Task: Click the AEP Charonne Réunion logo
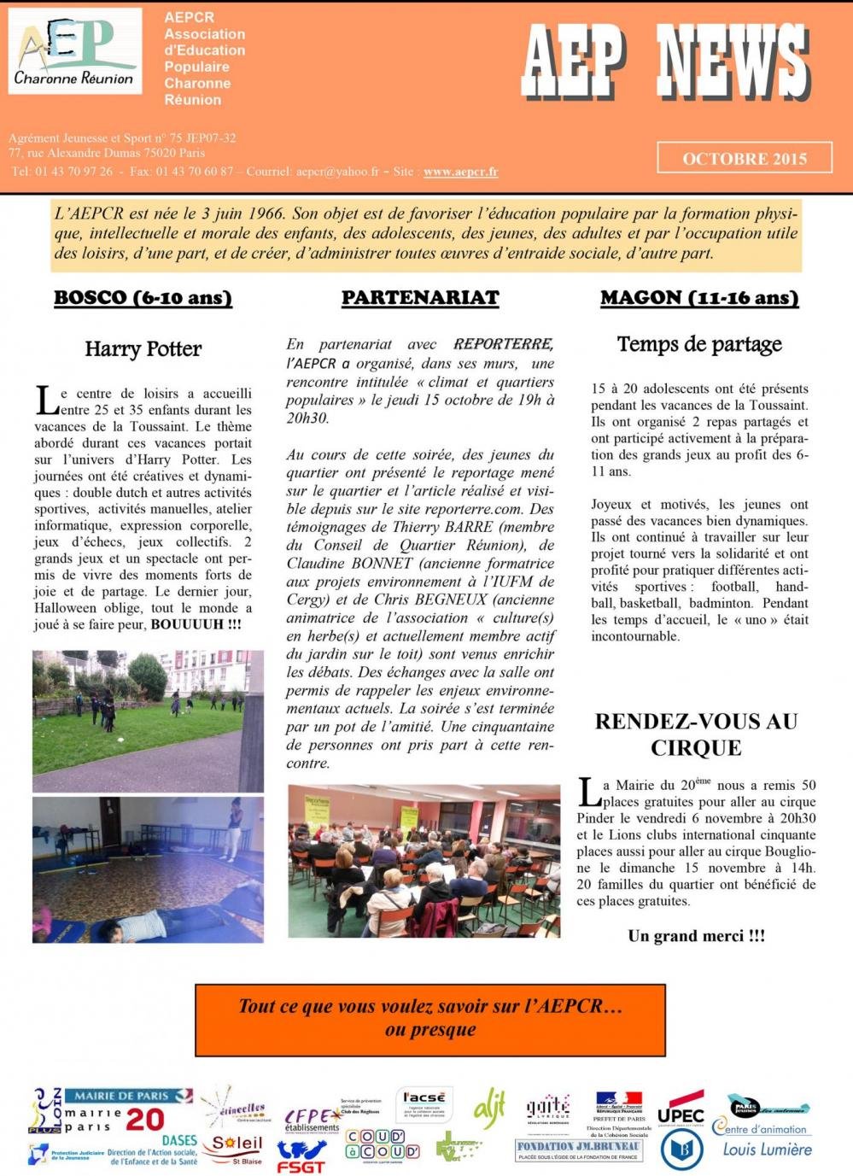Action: pyautogui.click(x=75, y=51)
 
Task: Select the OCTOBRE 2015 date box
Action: pyautogui.click(x=744, y=158)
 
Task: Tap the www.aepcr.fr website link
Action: pyautogui.click(x=460, y=172)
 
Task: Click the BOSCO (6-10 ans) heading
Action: pyautogui.click(x=143, y=298)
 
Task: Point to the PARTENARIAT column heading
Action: pyautogui.click(x=420, y=298)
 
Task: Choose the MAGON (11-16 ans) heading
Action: pyautogui.click(x=699, y=298)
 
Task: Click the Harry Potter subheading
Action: pyautogui.click(x=143, y=349)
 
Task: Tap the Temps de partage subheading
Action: pyautogui.click(x=699, y=344)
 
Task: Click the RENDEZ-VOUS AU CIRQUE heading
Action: pyautogui.click(x=696, y=734)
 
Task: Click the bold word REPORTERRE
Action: pyautogui.click(x=503, y=344)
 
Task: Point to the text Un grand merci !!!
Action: pyautogui.click(x=696, y=936)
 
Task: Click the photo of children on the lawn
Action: pyautogui.click(x=148, y=721)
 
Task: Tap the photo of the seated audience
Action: pyautogui.click(x=424, y=861)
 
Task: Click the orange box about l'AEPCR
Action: pyautogui.click(x=429, y=1019)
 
